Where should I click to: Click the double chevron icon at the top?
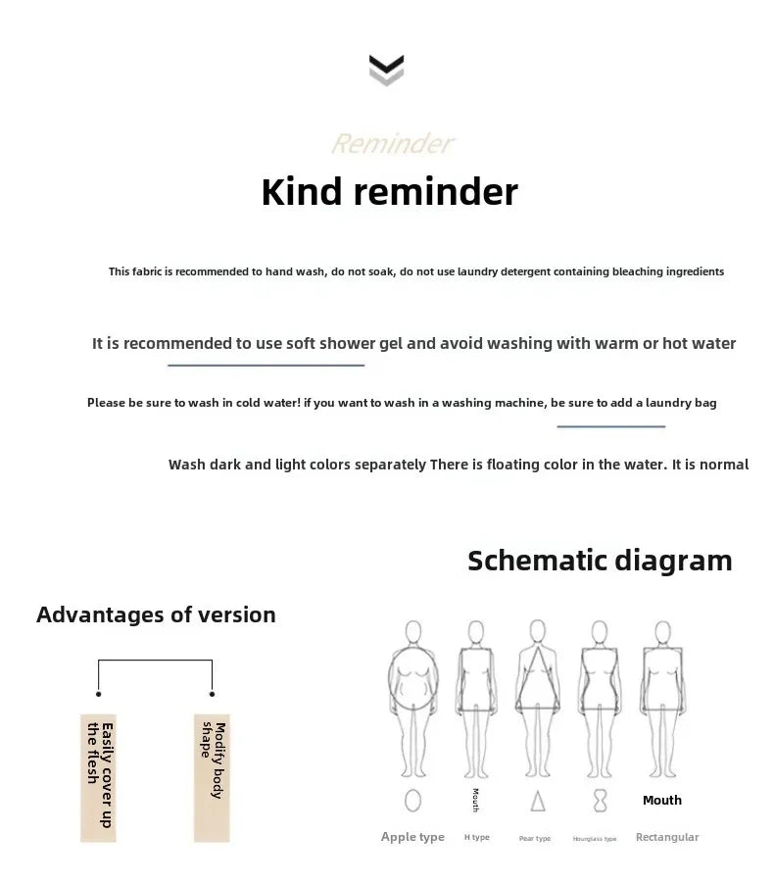tap(386, 70)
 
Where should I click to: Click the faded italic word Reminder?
tap(392, 144)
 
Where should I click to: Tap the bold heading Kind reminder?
tap(389, 192)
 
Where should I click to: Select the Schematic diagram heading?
tap(600, 561)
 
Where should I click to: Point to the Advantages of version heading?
tap(156, 614)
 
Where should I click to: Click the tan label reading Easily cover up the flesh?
tap(98, 776)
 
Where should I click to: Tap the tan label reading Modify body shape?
tap(213, 776)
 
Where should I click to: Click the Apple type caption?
tap(412, 837)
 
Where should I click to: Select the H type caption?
tap(476, 838)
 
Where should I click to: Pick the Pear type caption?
tap(535, 839)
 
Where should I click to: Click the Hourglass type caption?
tap(595, 839)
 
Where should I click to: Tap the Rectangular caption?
tap(667, 837)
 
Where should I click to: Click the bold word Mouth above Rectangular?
tap(661, 801)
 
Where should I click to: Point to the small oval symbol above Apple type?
tap(412, 801)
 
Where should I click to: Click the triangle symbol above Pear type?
tap(537, 802)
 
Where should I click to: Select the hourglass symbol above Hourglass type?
tap(600, 802)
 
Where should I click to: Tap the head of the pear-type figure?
tap(537, 629)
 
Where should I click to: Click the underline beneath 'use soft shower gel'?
tap(266, 365)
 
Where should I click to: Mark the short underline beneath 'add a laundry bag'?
tap(610, 426)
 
